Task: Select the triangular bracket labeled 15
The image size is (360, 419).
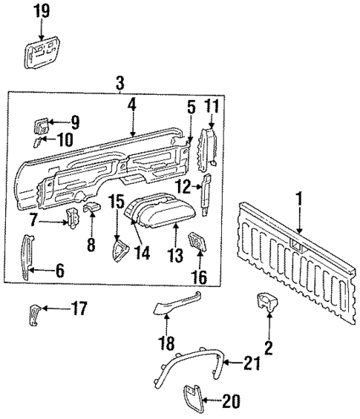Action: pos(117,249)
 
